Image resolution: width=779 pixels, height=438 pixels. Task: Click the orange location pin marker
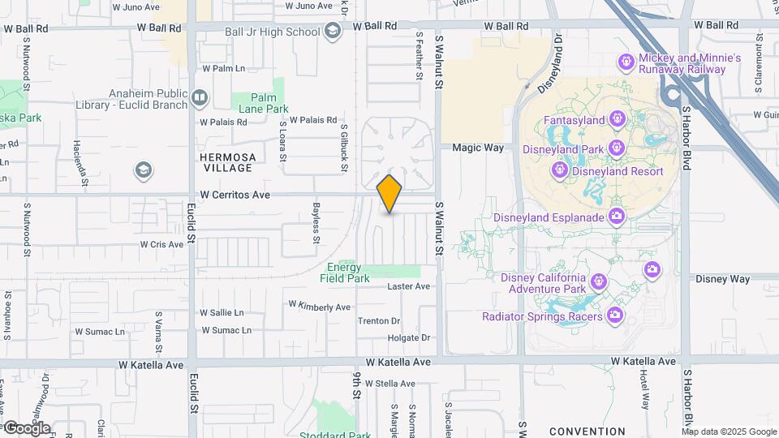point(389,193)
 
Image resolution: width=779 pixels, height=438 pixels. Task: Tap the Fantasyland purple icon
point(616,120)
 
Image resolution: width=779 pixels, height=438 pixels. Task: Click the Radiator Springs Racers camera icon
point(615,314)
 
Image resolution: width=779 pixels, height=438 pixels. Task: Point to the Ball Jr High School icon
point(332,32)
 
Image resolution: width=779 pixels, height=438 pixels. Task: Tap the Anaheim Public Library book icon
point(200,99)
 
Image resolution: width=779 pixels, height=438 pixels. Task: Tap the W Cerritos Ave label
point(235,195)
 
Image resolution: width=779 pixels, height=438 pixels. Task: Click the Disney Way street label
point(722,278)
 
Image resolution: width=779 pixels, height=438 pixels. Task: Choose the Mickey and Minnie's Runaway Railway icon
point(626,62)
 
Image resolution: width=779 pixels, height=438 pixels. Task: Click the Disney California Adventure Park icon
point(599,281)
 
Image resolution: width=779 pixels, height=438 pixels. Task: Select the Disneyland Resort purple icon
point(559,171)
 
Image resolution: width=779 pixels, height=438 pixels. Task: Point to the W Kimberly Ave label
point(320,306)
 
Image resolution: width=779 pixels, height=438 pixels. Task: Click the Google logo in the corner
point(27,427)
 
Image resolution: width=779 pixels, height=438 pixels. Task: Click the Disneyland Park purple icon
point(616,148)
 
